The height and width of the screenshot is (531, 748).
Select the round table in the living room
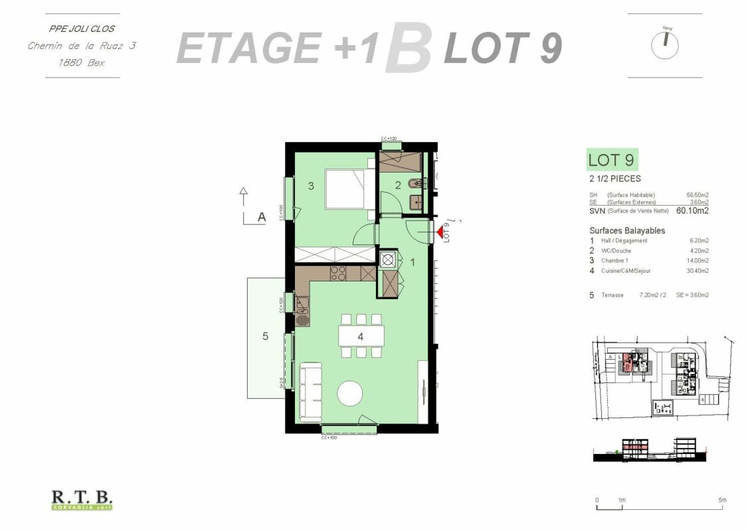pos(351,393)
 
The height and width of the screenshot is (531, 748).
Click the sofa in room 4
pos(310,391)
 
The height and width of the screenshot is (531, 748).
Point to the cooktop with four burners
pos(338,272)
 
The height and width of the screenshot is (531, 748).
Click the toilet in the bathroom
pos(415,183)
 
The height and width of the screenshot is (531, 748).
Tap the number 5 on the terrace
pos(265,337)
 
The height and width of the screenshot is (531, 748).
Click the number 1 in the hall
pos(413,263)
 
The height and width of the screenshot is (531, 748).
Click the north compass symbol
pos(666,44)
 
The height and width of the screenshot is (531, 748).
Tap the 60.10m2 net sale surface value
pos(692,211)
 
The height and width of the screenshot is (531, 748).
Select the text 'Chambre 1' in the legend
pos(614,261)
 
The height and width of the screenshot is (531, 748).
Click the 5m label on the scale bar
pos(722,500)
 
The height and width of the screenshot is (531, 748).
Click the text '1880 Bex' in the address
pos(82,63)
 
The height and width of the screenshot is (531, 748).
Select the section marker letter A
pos(262,216)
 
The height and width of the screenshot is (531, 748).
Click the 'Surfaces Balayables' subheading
pos(626,230)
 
